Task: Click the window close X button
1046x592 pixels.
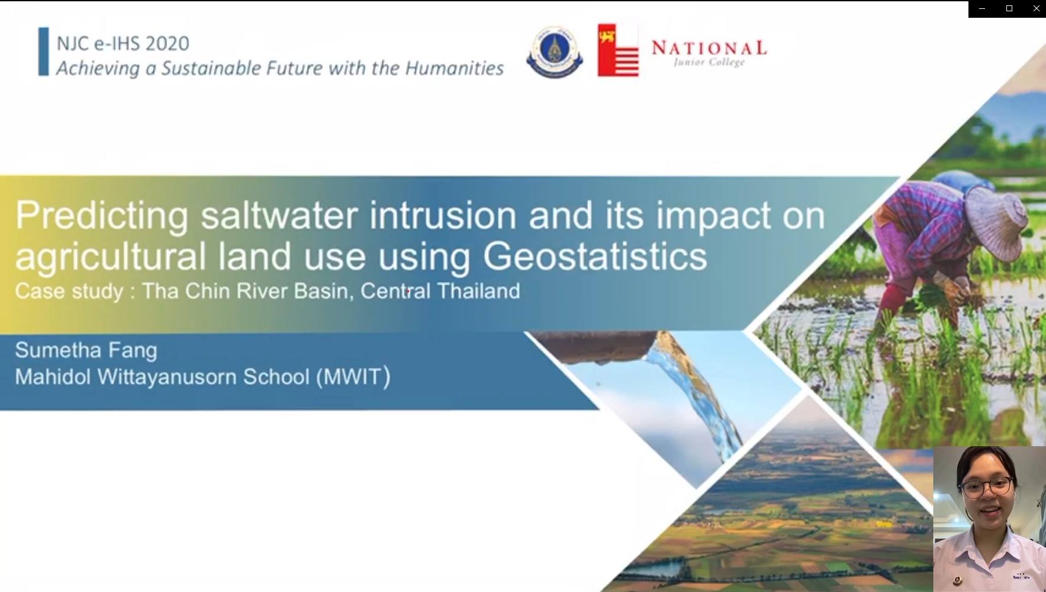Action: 1036,9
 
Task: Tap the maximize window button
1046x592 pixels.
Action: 1009,9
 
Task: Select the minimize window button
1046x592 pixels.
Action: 982,9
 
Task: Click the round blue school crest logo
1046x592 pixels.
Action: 554,52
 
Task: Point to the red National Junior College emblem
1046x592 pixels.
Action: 618,50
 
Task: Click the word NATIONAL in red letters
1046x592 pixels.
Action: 709,48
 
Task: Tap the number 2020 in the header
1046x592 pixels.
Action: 167,43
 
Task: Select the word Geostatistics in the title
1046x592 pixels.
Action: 595,256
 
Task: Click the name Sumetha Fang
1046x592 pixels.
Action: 86,350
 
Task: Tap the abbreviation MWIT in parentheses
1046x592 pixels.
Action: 353,377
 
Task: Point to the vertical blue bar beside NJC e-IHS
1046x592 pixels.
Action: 43,52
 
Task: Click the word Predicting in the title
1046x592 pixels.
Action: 102,216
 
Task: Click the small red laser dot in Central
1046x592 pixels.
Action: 408,291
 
